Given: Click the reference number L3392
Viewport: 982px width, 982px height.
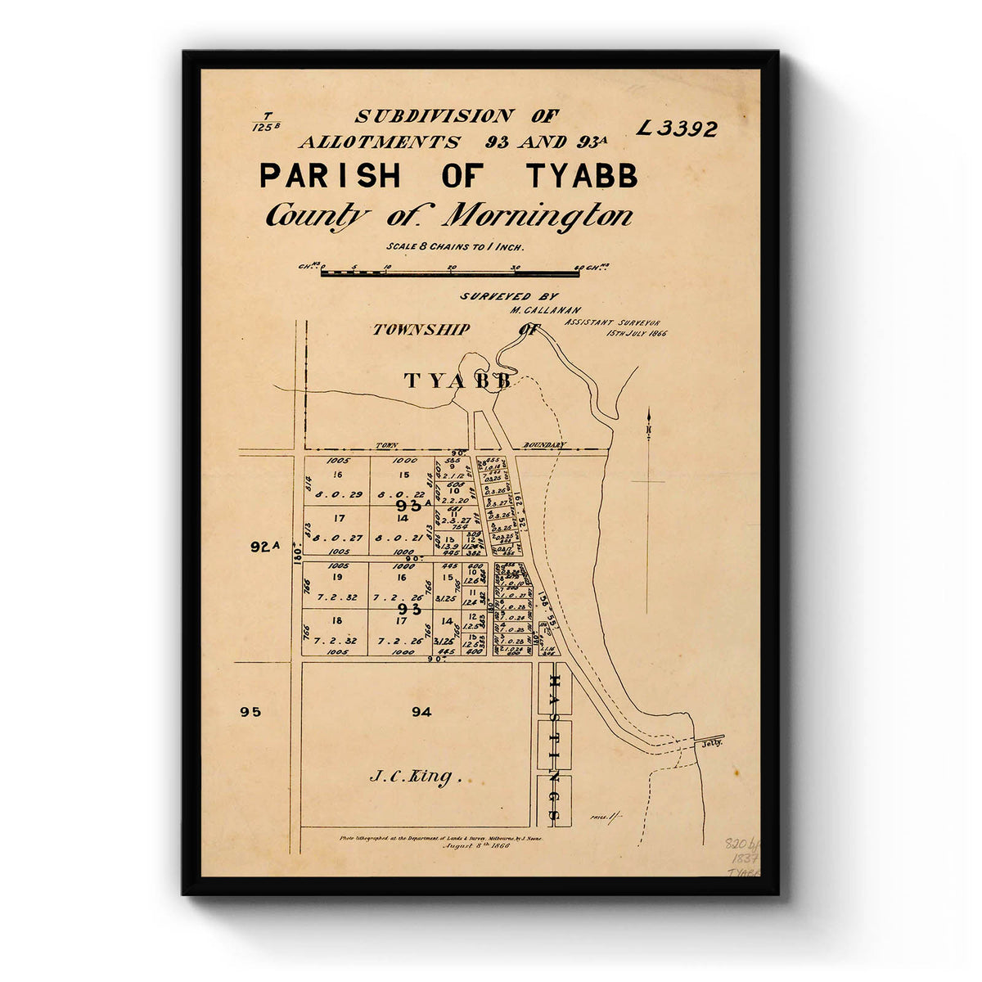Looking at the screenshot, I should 677,128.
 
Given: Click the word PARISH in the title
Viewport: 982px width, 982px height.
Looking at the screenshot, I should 330,176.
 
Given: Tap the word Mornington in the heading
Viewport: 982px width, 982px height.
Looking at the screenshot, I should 538,216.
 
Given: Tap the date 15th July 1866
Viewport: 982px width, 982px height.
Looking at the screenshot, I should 636,333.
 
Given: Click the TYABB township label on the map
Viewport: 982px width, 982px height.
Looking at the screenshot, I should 457,381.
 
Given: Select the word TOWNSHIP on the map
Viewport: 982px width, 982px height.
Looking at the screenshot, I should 421,330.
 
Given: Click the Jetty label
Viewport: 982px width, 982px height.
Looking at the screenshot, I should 708,745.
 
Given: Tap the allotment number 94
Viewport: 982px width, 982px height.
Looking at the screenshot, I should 421,712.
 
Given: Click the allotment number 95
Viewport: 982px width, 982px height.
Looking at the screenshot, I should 250,712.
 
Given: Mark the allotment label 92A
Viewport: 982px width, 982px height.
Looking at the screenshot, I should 265,547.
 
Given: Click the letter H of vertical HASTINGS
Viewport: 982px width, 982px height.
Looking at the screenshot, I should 553,682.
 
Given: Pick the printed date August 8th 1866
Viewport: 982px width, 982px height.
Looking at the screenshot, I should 475,847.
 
